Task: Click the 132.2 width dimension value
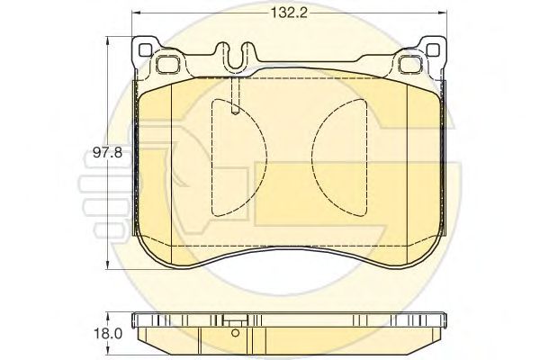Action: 289,13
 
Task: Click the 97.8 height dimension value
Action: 107,152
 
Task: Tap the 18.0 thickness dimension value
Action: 108,334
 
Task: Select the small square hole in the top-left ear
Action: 145,50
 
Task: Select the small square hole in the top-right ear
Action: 433,50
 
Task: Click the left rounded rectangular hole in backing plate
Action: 167,64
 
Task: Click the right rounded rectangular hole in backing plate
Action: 410,64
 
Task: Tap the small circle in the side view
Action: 235,333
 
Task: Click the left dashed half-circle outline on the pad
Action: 266,157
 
